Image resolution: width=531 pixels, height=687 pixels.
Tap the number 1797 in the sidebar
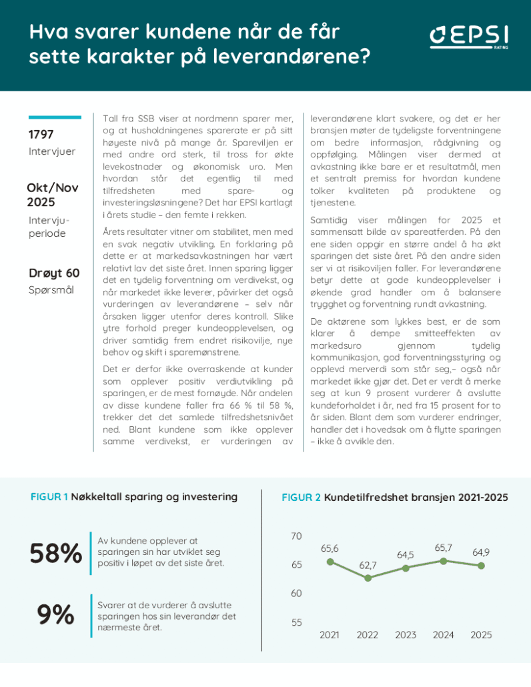click(x=41, y=135)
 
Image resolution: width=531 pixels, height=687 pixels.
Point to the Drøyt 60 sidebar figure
click(x=54, y=273)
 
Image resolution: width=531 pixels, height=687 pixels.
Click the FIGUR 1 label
click(x=49, y=497)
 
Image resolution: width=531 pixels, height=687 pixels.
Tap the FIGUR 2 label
click(x=301, y=498)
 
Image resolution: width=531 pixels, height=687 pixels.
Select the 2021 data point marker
click(x=330, y=562)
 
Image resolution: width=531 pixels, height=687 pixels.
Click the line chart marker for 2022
click(x=368, y=578)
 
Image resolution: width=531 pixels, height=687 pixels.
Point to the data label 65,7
click(x=444, y=548)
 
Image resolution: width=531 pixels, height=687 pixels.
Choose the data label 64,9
click(x=482, y=552)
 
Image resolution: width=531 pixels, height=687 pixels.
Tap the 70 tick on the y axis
click(x=297, y=536)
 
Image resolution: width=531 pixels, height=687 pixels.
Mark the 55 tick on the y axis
click(x=297, y=622)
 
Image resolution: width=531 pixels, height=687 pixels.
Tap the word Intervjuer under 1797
click(x=52, y=151)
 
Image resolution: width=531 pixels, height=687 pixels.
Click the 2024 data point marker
click(x=444, y=561)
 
